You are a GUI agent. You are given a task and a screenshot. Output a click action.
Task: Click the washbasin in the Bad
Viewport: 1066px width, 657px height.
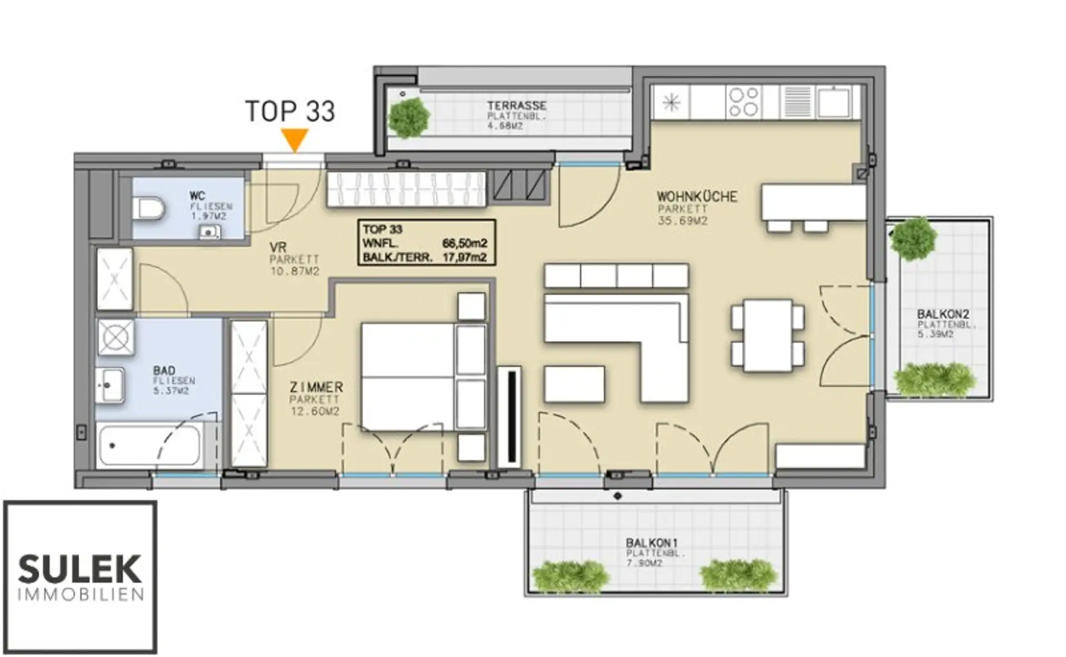[x=110, y=385]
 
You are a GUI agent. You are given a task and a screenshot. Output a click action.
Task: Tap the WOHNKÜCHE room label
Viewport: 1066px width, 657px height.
[x=697, y=197]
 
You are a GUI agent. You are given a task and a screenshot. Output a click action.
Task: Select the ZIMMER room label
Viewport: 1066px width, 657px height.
[x=316, y=387]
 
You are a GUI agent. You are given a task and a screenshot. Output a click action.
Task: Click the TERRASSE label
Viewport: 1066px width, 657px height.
[x=516, y=106]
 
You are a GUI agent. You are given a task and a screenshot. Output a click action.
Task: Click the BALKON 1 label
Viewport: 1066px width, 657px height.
[x=652, y=543]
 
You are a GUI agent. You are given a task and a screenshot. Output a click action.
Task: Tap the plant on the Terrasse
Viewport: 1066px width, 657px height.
[x=409, y=118]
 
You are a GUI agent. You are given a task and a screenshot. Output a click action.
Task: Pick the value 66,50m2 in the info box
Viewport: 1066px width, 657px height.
[x=464, y=243]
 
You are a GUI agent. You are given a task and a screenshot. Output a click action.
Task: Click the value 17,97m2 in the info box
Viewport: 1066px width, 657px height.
[x=464, y=257]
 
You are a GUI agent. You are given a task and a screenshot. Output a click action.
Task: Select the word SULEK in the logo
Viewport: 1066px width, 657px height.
[x=80, y=569]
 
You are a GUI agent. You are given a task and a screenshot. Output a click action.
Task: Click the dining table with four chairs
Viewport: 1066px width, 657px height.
[x=768, y=335]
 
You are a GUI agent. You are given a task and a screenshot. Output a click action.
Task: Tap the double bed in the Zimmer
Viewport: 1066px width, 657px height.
[x=424, y=377]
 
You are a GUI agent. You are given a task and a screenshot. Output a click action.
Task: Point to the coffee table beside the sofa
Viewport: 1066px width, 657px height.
[x=575, y=384]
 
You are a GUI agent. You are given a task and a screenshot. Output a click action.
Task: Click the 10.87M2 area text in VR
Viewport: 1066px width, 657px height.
[x=295, y=272]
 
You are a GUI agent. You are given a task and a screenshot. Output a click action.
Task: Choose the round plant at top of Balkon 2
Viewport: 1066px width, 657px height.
[x=913, y=239]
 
